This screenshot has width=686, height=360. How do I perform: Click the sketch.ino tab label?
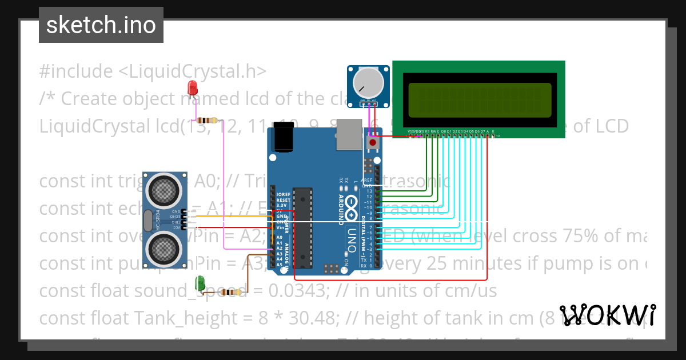[x=101, y=25]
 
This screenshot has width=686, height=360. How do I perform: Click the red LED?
[x=193, y=87]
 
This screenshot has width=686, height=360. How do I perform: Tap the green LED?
[x=200, y=282]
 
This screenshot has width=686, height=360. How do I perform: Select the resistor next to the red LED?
[x=207, y=120]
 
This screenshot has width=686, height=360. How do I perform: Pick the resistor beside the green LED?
[x=230, y=292]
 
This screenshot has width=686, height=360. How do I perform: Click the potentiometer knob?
[x=368, y=82]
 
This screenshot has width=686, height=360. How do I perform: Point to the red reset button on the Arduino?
[x=373, y=142]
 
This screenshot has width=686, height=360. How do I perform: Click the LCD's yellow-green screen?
[x=480, y=99]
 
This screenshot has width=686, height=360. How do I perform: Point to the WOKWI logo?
[x=608, y=315]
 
